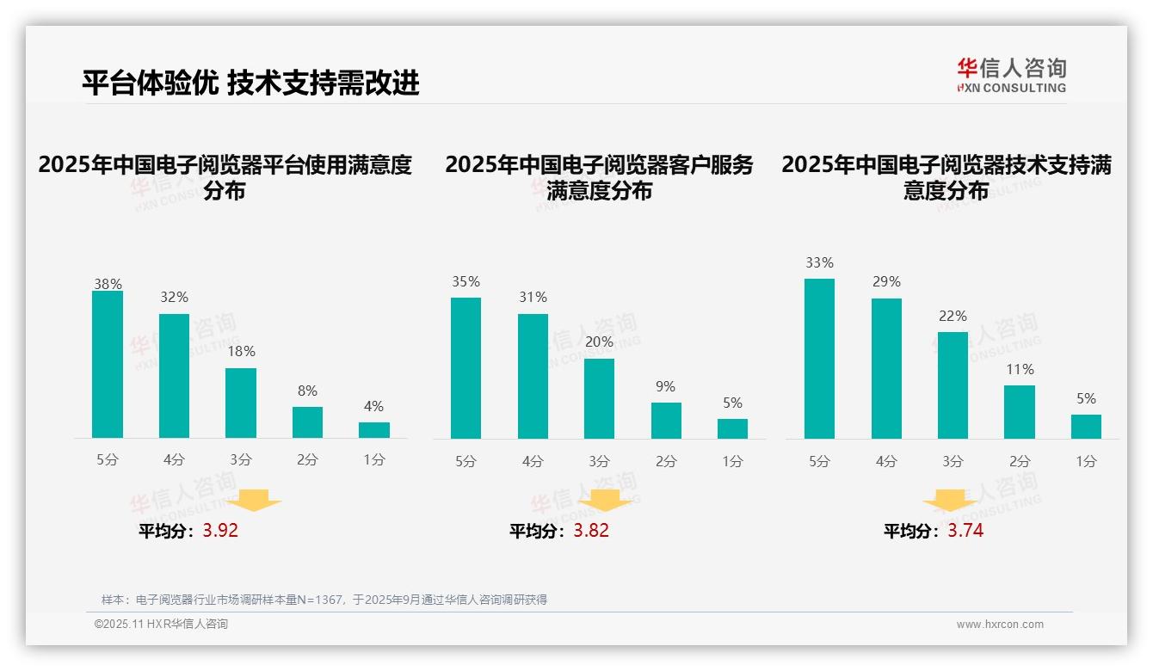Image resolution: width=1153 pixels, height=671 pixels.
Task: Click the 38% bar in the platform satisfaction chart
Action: tap(108, 365)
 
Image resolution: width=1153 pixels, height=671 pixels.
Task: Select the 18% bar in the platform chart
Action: tap(241, 403)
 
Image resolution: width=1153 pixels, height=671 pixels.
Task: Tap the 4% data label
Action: tap(373, 407)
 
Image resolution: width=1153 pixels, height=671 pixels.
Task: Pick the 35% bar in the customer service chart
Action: tap(466, 368)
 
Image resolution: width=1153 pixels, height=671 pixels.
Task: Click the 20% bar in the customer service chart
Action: tap(600, 398)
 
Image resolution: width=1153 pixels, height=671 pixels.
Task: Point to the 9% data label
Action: tap(665, 387)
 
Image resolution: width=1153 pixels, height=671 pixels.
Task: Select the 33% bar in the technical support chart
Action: tap(819, 359)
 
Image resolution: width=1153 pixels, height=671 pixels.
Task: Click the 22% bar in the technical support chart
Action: tap(953, 385)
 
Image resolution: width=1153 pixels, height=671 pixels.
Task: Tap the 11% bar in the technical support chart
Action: tap(1020, 412)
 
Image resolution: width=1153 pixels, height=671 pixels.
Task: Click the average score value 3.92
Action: tap(220, 531)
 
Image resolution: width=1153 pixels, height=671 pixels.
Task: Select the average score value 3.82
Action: tap(591, 531)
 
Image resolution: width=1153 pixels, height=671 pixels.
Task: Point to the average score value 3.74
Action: tap(965, 531)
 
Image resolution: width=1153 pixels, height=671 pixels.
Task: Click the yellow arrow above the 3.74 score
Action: tap(950, 502)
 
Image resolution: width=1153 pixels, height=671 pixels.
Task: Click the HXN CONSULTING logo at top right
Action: tap(1012, 76)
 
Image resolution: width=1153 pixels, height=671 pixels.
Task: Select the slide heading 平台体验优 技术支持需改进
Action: tap(250, 83)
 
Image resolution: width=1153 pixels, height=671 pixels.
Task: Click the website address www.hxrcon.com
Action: tap(1000, 625)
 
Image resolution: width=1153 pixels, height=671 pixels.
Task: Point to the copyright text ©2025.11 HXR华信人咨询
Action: tap(161, 625)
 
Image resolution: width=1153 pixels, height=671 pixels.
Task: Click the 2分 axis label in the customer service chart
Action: tap(666, 462)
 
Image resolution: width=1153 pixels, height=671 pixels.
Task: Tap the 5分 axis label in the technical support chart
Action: tap(819, 462)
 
